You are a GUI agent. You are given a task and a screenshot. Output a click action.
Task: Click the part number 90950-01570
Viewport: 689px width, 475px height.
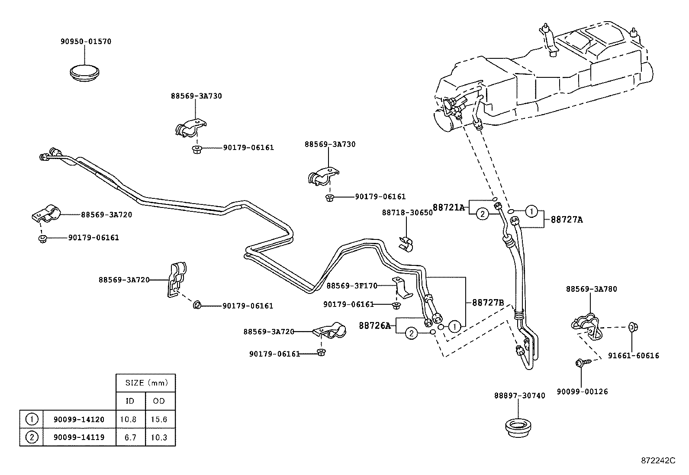click(x=86, y=42)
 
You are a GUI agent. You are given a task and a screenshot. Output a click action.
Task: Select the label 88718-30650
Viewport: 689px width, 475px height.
click(x=407, y=213)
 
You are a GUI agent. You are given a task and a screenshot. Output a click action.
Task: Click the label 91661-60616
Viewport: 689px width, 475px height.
click(x=634, y=356)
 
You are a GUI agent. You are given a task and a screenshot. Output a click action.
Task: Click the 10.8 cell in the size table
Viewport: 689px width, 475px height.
click(x=130, y=419)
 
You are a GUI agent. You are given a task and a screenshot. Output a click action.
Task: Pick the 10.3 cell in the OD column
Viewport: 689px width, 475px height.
click(x=159, y=437)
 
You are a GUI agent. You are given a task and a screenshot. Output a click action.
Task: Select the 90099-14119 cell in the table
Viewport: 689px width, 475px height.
click(x=79, y=437)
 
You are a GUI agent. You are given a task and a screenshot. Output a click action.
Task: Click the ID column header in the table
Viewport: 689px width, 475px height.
click(x=130, y=401)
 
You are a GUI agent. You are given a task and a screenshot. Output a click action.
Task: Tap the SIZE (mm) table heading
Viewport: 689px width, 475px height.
click(x=145, y=383)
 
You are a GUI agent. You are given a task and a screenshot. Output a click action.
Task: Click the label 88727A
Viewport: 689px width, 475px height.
click(x=567, y=220)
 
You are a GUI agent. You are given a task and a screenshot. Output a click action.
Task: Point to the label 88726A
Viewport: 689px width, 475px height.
click(x=374, y=325)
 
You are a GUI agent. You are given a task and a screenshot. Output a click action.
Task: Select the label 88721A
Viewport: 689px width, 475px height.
click(x=449, y=207)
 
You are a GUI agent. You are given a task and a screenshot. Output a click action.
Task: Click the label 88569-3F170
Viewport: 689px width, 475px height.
click(x=351, y=286)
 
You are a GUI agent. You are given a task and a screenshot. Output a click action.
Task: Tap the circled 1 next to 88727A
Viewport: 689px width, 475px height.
click(x=532, y=211)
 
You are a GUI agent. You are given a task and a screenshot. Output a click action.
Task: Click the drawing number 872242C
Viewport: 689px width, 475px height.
click(x=658, y=461)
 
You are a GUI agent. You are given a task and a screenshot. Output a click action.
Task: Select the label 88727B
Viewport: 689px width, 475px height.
click(x=488, y=303)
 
